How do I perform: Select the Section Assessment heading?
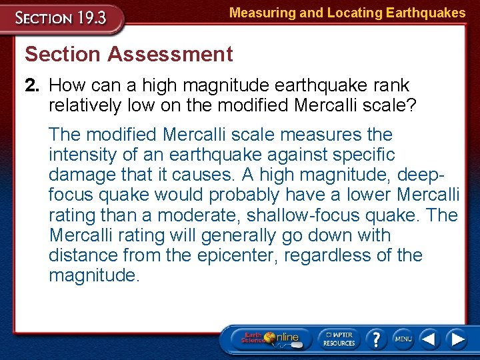(129, 54)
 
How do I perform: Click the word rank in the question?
(389, 85)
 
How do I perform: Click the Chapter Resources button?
(340, 339)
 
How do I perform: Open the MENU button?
(403, 339)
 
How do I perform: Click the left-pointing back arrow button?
(430, 339)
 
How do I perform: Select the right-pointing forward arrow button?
(457, 339)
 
